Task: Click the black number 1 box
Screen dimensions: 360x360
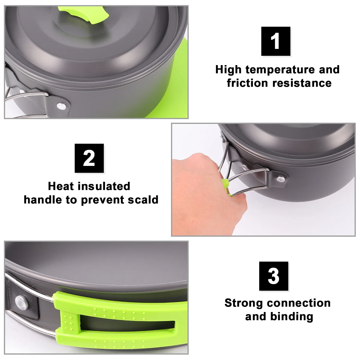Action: (x=276, y=41)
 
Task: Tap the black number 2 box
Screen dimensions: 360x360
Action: (x=89, y=158)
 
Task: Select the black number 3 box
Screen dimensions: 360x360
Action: (x=274, y=276)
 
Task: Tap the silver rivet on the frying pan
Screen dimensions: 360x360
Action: (x=21, y=301)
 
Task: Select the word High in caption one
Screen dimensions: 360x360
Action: (x=228, y=70)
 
